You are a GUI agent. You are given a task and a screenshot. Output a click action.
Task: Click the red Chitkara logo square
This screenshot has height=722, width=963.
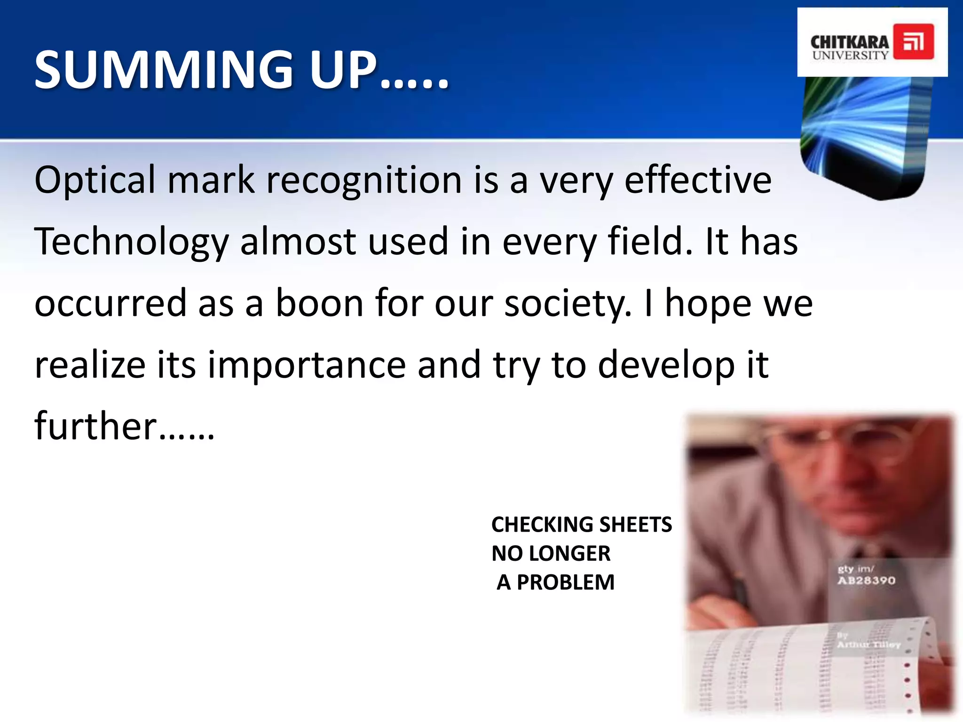point(913,41)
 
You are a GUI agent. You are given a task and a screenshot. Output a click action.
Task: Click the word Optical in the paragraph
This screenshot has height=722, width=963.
point(95,180)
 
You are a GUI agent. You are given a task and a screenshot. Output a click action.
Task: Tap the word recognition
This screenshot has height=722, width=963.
point(364,180)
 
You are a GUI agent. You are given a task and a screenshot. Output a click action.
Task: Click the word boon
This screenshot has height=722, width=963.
point(319,303)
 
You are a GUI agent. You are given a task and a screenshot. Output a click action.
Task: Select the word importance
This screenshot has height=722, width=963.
point(307,365)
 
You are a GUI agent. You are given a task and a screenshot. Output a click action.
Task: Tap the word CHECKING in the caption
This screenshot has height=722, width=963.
point(538,525)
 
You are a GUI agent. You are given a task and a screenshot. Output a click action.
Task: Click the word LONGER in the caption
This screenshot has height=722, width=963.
point(569,553)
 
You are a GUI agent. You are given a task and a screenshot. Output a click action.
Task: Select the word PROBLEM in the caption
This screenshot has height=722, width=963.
point(566,582)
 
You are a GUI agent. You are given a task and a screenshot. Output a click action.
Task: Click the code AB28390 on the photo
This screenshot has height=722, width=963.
point(866,581)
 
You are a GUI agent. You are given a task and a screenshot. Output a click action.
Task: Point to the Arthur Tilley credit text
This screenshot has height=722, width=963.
point(868,644)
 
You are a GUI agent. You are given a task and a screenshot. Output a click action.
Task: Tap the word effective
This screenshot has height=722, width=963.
point(698,180)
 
